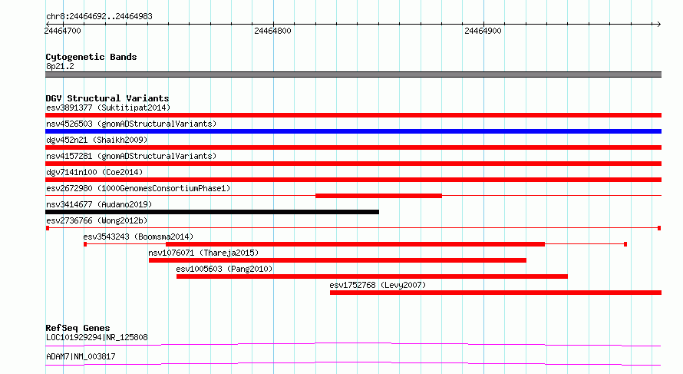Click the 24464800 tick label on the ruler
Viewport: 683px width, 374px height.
coord(272,31)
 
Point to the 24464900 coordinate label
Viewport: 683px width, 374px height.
coord(483,31)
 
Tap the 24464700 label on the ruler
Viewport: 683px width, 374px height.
coord(63,31)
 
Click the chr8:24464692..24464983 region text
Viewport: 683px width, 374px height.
coord(99,17)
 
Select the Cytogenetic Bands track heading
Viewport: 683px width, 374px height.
coord(91,57)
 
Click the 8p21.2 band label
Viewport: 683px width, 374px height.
coord(60,66)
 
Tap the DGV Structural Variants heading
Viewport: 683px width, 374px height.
coord(107,98)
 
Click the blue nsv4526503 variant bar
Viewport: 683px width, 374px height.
coord(353,131)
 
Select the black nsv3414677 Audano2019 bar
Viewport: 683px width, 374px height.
coord(212,212)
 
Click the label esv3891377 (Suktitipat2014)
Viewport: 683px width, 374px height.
coord(108,108)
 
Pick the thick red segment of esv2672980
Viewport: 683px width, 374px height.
coord(378,196)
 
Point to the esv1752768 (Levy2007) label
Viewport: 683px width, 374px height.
coord(378,285)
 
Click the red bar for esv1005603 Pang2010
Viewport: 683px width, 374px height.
coord(372,276)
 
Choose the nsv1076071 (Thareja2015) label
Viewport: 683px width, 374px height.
coord(203,253)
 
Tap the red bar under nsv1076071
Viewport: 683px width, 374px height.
coord(338,260)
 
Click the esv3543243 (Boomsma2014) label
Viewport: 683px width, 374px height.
coord(138,237)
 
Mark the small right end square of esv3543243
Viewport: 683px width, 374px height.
coord(625,244)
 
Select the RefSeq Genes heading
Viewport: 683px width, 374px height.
coord(78,328)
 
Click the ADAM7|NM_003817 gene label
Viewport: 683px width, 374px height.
coord(81,356)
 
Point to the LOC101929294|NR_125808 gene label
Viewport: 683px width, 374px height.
coord(97,337)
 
